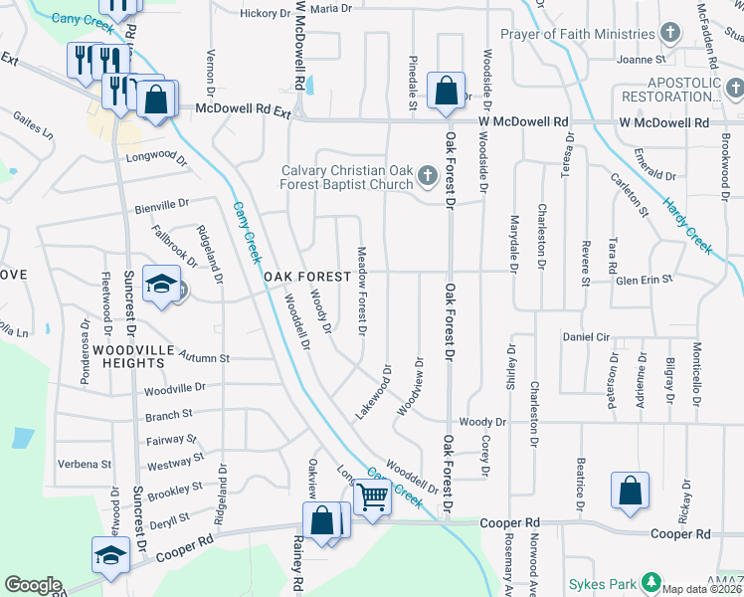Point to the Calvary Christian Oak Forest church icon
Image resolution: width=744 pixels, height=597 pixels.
pos(427,177)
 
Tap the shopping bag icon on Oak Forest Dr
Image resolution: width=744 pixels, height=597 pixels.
pos(446,91)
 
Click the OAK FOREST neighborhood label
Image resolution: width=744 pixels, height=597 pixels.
pos(306,276)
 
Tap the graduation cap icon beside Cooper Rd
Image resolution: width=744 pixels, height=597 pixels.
pos(110,554)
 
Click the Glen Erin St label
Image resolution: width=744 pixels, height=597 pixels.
pos(645,280)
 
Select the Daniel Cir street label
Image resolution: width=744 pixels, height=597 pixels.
pos(585,337)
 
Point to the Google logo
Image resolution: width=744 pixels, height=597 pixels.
pos(33,585)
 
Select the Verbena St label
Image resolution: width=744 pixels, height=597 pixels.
pos(84,464)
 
